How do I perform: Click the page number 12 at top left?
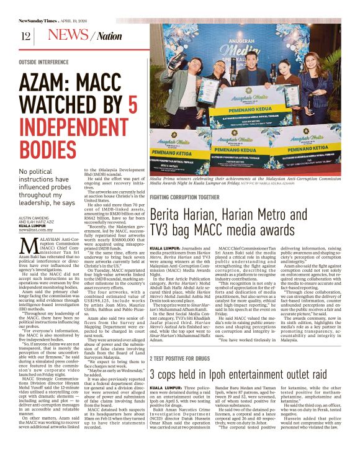(25, 36)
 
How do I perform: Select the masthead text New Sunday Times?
(42, 20)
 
